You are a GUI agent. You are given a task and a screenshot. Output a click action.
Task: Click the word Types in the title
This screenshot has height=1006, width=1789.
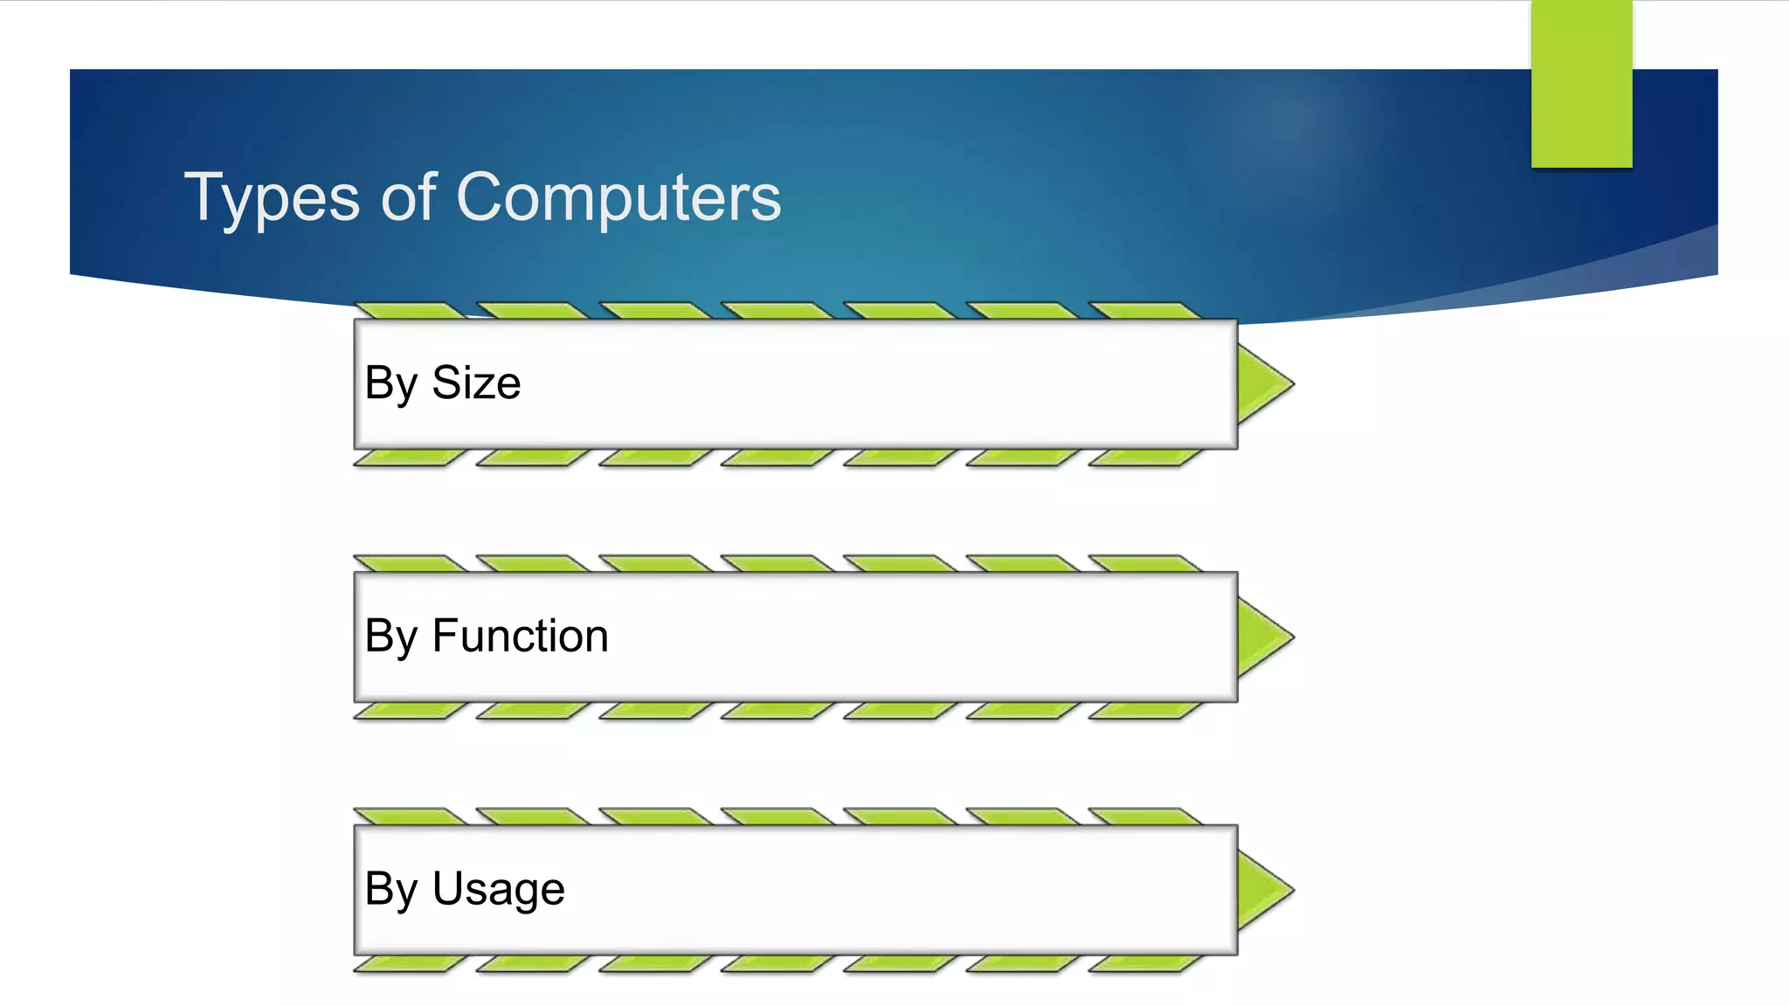(x=272, y=199)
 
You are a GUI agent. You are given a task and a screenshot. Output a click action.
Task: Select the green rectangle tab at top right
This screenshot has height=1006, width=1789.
(x=1581, y=84)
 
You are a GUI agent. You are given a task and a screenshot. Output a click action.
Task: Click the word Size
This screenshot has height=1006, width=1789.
(x=476, y=383)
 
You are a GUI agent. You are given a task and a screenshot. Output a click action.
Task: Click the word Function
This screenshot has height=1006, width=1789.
(x=520, y=636)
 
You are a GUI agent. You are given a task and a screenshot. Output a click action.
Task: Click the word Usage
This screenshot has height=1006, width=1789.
(x=498, y=889)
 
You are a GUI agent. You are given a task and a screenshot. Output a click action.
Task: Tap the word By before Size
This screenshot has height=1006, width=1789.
(x=390, y=383)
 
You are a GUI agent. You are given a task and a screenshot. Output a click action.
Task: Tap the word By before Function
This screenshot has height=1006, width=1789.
(x=390, y=636)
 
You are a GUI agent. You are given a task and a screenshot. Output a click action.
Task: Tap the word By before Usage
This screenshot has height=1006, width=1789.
(x=390, y=889)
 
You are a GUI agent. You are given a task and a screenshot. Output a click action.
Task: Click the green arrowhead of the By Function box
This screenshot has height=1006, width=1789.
(x=1261, y=637)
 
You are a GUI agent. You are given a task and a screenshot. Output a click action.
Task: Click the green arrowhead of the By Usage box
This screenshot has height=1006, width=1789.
(x=1261, y=890)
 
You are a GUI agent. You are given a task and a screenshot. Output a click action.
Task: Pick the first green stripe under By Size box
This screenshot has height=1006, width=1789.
(x=409, y=458)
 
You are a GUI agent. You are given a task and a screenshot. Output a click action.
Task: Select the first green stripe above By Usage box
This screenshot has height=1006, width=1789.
(x=409, y=817)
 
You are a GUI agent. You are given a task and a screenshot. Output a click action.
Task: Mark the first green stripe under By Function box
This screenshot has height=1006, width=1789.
(x=409, y=711)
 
